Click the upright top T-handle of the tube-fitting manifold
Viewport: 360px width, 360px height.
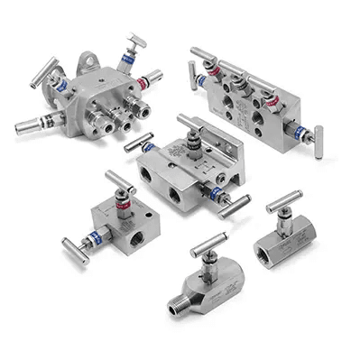(x=133, y=37)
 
